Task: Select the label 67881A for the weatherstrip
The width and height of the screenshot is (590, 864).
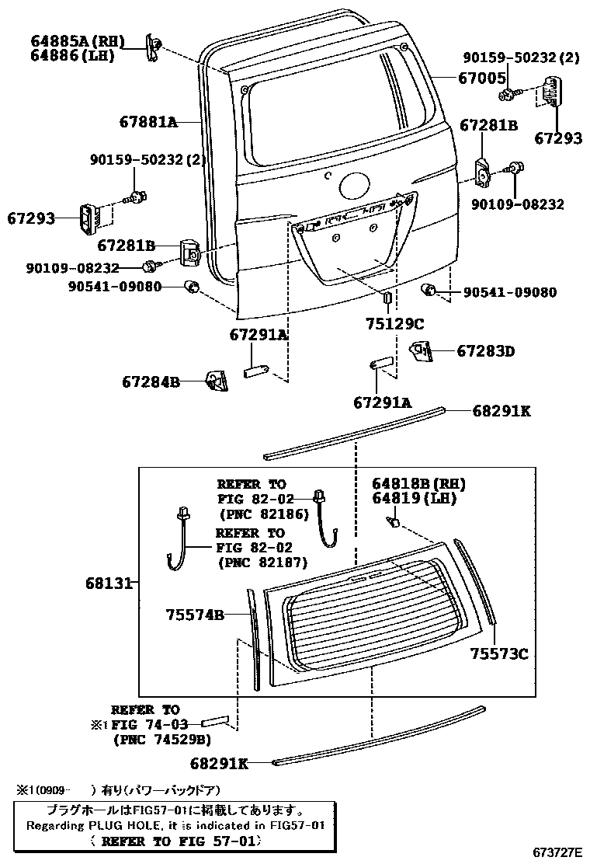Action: tap(148, 122)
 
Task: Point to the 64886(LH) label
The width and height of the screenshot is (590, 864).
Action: tap(73, 55)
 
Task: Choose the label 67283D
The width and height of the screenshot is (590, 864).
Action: tap(485, 351)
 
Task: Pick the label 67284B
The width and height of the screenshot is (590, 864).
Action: tap(151, 381)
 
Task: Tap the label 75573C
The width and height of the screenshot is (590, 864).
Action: tap(498, 654)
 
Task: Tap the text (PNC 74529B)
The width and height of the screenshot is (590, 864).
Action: tap(161, 739)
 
